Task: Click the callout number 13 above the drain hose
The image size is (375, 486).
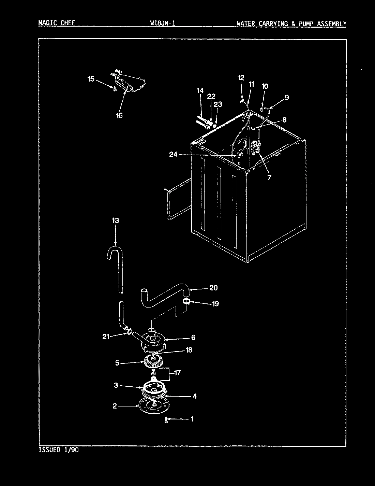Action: [x=115, y=221]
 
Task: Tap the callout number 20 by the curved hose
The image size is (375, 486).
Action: [x=213, y=288]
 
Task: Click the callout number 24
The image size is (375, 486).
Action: [x=173, y=154]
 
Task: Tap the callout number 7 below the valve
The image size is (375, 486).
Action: [x=269, y=177]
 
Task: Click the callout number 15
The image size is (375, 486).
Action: [x=91, y=79]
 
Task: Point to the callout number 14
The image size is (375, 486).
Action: [x=200, y=90]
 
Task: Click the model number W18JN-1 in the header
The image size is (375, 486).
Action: [x=163, y=23]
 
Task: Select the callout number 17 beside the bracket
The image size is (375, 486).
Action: [x=177, y=373]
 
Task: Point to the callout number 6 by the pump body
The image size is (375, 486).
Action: [x=193, y=338]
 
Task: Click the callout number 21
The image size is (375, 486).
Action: [x=106, y=337]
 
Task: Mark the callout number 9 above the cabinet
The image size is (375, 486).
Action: [x=286, y=97]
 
